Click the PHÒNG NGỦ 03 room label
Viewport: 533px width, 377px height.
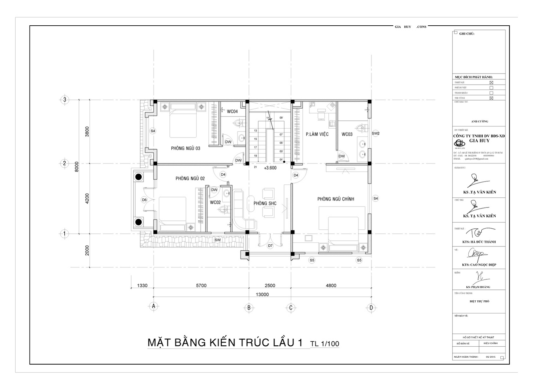click(x=186, y=148)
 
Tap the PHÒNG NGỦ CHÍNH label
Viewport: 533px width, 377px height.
click(x=335, y=199)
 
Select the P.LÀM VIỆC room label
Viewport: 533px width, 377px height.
click(x=317, y=134)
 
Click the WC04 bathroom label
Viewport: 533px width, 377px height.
click(x=232, y=112)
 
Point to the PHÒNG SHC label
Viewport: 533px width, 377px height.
click(x=265, y=203)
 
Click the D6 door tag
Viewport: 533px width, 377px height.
click(x=144, y=200)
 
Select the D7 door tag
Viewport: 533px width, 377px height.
click(x=270, y=246)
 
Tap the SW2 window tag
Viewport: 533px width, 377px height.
click(x=375, y=133)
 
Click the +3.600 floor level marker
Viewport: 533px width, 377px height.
click(x=270, y=168)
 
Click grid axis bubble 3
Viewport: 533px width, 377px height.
click(x=65, y=100)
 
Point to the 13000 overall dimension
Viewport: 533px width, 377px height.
click(x=262, y=294)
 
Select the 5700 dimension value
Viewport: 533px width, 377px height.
click(x=201, y=285)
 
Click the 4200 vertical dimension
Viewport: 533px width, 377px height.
click(x=87, y=198)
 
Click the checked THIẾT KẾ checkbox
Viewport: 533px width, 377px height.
click(x=491, y=83)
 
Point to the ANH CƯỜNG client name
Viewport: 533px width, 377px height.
click(x=480, y=122)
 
